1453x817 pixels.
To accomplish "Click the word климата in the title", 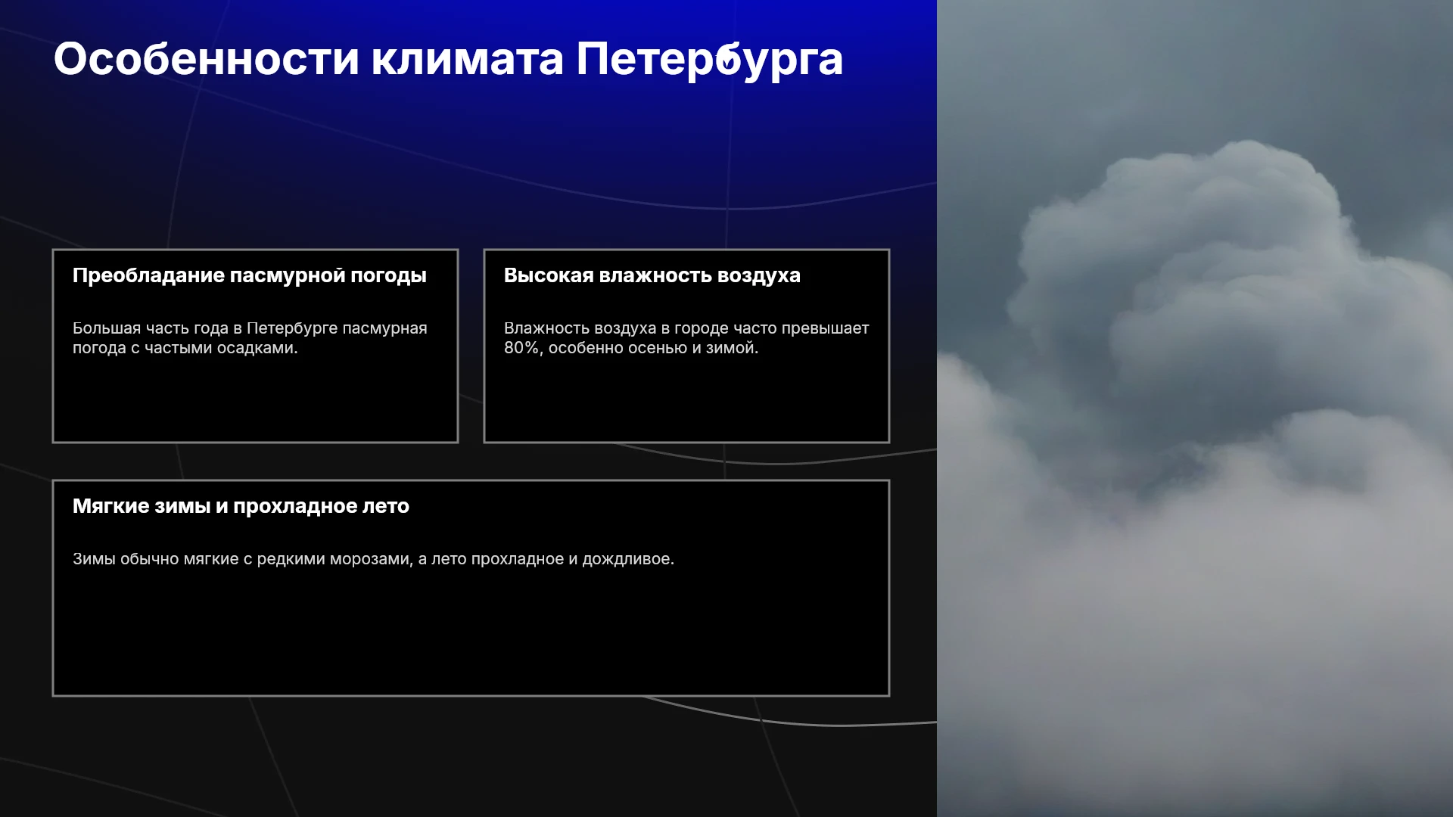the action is click(x=467, y=59).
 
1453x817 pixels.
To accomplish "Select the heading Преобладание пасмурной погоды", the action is click(x=250, y=276).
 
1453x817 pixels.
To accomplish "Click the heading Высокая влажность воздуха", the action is click(x=652, y=275).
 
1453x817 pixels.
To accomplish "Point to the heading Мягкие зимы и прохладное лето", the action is click(x=241, y=506).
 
